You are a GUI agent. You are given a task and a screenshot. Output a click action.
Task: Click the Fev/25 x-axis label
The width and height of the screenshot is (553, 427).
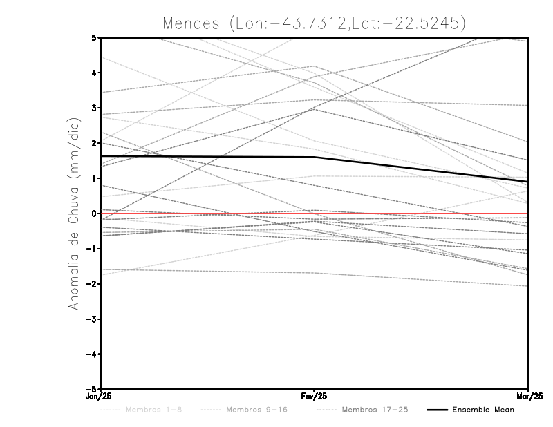pyautogui.click(x=315, y=397)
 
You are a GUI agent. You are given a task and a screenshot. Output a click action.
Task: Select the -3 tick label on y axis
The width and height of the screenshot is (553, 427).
pyautogui.click(x=91, y=319)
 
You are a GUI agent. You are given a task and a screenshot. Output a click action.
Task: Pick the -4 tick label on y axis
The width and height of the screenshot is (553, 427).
pyautogui.click(x=91, y=354)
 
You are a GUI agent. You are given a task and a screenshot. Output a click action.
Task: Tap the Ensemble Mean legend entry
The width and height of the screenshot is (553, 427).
pyautogui.click(x=483, y=410)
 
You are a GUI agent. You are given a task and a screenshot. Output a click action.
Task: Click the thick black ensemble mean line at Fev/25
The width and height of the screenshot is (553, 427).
pyautogui.click(x=315, y=157)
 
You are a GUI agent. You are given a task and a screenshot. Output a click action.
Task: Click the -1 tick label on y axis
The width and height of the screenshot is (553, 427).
pyautogui.click(x=91, y=249)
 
